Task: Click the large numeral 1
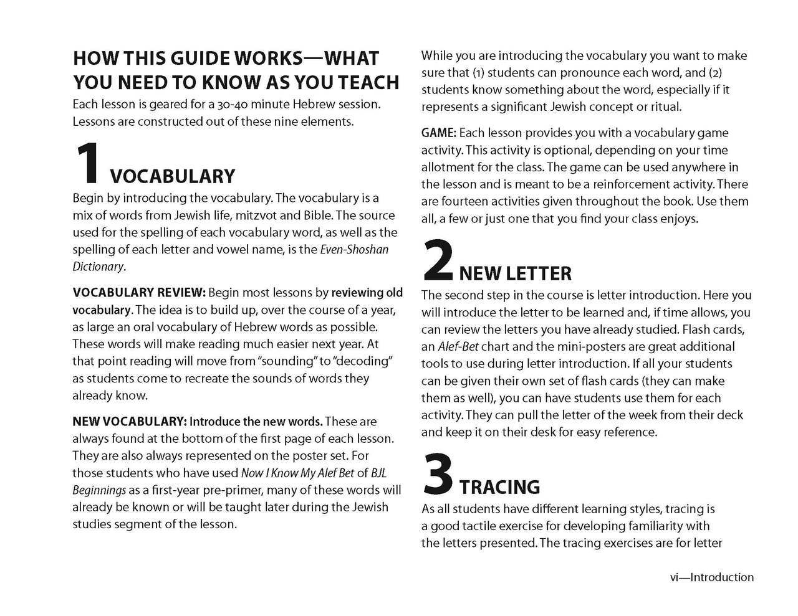pos(89,163)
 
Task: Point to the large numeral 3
pos(437,473)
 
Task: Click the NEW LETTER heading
pos(515,273)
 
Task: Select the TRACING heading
pos(499,486)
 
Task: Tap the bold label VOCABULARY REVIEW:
pos(139,293)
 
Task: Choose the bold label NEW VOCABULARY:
pos(130,422)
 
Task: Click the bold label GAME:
pos(439,133)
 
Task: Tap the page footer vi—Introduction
pos(711,577)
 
